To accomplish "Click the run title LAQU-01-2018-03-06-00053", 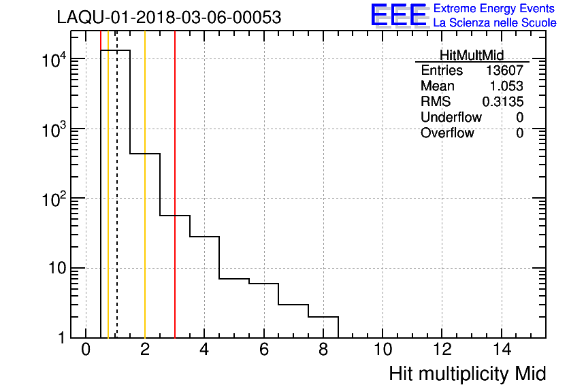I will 169,18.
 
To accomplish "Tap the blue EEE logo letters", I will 399,15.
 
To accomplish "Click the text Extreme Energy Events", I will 495,8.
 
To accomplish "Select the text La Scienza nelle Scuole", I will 495,23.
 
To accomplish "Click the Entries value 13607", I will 504,71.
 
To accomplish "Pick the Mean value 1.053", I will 507,86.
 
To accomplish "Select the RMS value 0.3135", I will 503,102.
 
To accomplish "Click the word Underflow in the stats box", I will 451,118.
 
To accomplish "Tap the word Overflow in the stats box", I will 447,133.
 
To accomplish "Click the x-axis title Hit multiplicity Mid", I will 468,373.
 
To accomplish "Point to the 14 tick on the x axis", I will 501,350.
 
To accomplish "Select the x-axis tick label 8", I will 323,350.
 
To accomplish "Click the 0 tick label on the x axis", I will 86,350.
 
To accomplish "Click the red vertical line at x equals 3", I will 175,204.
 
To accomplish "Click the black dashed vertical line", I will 116,204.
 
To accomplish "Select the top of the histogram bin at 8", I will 323,317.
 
